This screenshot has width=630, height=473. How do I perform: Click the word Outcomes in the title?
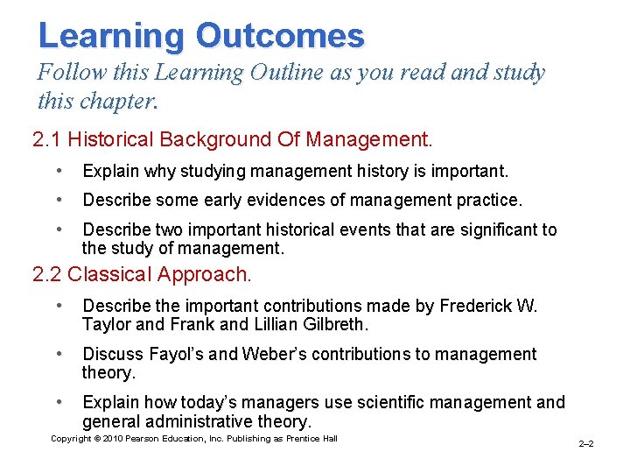(280, 36)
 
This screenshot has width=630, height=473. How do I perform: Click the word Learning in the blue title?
(111, 36)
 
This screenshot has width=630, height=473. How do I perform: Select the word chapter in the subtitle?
(118, 102)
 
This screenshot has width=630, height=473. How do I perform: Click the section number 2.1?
(47, 139)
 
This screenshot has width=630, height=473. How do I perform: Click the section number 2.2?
(47, 274)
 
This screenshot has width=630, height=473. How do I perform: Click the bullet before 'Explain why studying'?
(57, 170)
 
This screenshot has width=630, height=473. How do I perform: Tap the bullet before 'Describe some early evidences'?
(57, 200)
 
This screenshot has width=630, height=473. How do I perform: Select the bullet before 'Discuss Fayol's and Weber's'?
(57, 354)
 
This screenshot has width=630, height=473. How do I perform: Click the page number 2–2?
(586, 444)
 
